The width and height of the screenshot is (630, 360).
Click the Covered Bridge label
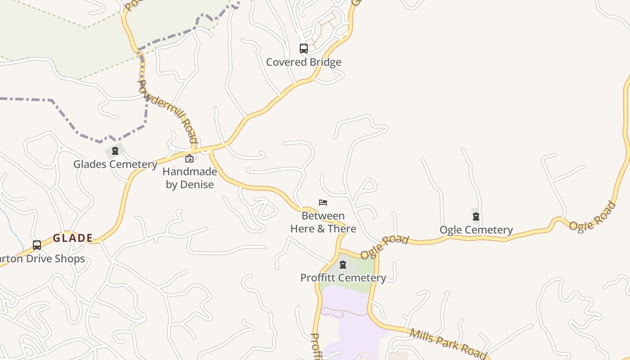pos(303,62)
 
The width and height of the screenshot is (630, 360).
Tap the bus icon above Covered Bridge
pos(304,48)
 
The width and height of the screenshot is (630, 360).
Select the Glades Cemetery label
pos(115,164)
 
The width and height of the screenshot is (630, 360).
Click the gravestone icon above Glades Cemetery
pos(115,151)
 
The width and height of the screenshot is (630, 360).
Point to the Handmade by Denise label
pos(189,178)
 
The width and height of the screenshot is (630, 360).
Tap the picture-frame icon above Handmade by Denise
pos(189,158)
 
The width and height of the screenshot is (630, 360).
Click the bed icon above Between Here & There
pos(323,202)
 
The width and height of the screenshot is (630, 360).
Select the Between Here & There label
pos(323,222)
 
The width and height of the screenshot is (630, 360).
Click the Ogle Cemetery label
pos(476,230)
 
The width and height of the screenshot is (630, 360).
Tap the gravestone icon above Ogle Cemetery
pos(476,216)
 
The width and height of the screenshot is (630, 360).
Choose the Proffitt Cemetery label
pos(343,278)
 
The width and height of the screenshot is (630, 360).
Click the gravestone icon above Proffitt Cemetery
pos(343,265)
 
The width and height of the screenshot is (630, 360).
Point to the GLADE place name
pos(73,238)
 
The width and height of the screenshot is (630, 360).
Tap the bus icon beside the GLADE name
pos(37,245)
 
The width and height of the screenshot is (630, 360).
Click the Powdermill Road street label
pos(167,111)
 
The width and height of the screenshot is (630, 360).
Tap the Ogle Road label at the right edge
pos(592,216)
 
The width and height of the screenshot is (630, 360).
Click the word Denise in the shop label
pos(197,184)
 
